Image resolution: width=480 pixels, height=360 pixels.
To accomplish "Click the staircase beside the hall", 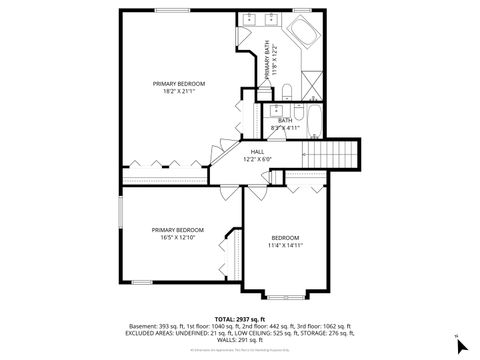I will tap(330, 156).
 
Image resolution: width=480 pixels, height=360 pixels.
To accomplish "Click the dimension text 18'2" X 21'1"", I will tap(179, 91).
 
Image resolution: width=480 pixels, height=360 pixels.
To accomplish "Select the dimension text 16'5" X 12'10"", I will tap(177, 238).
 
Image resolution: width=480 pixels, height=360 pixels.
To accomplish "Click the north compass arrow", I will tap(460, 345).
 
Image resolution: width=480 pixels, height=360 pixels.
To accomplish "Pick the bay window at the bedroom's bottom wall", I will tap(284, 296).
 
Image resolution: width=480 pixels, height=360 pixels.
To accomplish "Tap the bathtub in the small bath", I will tap(310, 123).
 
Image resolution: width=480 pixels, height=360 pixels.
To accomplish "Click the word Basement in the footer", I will tap(142, 324).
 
